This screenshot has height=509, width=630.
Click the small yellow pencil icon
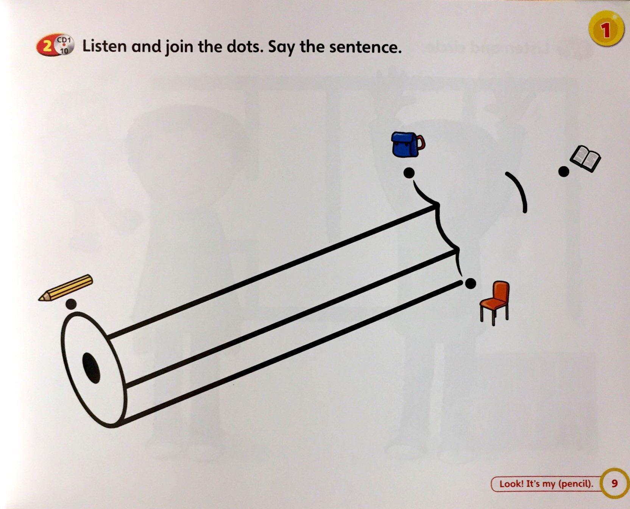pyautogui.click(x=65, y=288)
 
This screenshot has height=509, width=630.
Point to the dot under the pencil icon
pyautogui.click(x=71, y=304)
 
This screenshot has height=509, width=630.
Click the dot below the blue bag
pyautogui.click(x=409, y=173)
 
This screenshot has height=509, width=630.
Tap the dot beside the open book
pyautogui.click(x=564, y=172)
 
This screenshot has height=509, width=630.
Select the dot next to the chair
pyautogui.click(x=470, y=283)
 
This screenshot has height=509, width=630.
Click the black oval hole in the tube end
pyautogui.click(x=91, y=367)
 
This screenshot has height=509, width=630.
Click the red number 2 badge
pyautogui.click(x=46, y=47)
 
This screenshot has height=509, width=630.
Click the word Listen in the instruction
pyautogui.click(x=104, y=46)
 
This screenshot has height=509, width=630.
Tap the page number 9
pyautogui.click(x=614, y=483)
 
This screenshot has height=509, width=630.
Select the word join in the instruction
pyautogui.click(x=178, y=47)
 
